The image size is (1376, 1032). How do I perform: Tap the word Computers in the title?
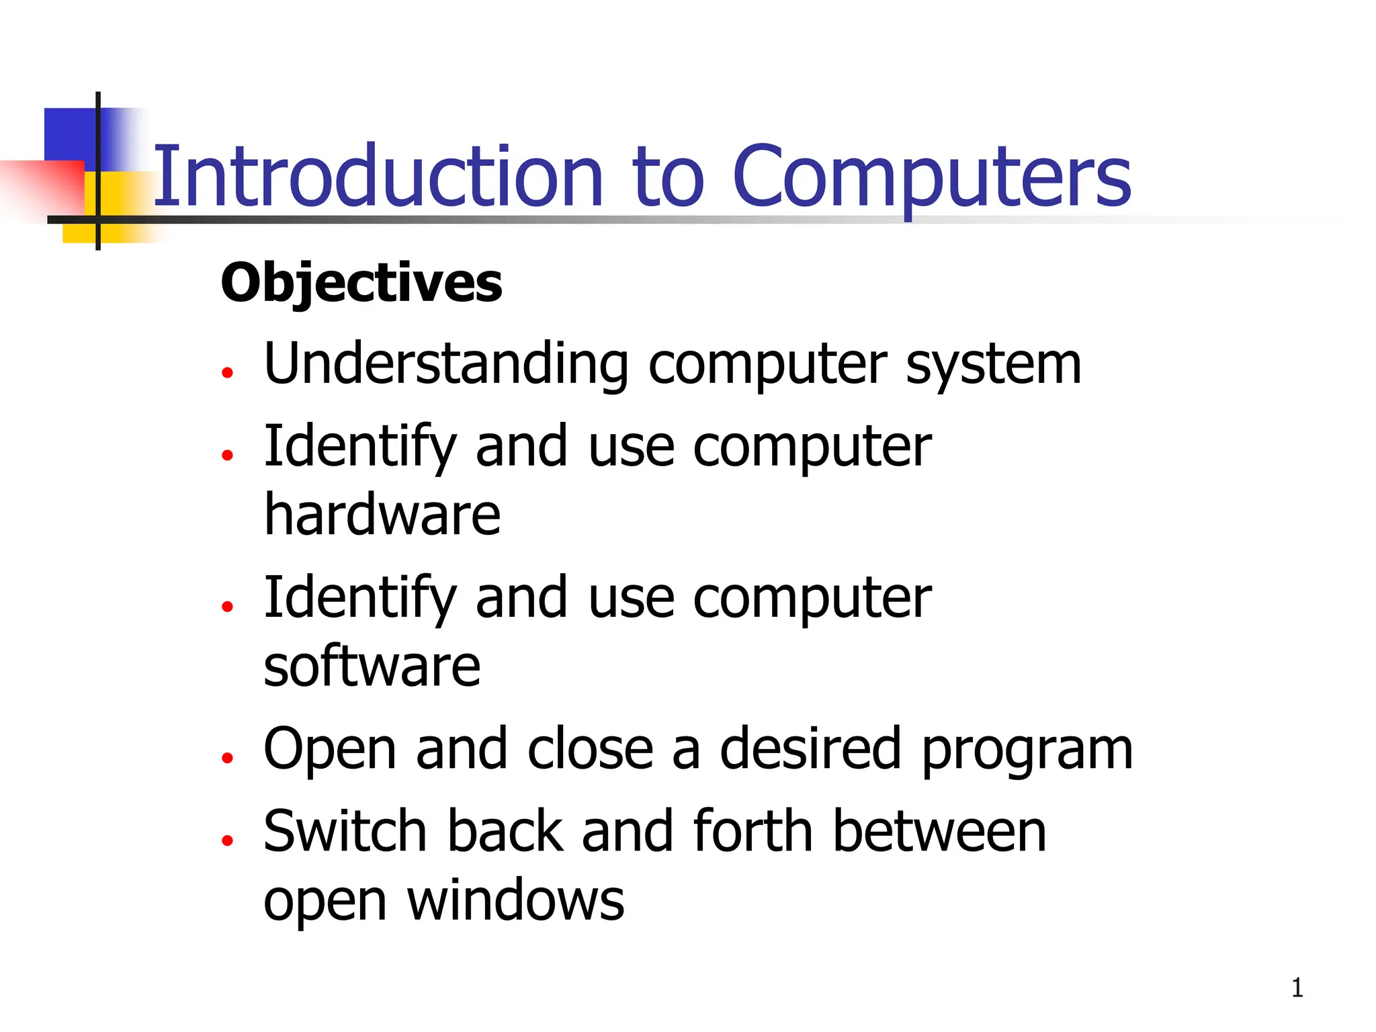pyautogui.click(x=933, y=176)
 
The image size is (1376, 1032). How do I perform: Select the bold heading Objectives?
pyautogui.click(x=361, y=283)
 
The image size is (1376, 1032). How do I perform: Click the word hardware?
pyautogui.click(x=382, y=515)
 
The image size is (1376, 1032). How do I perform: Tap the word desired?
pyautogui.click(x=810, y=749)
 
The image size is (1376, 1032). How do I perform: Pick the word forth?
pyautogui.click(x=752, y=832)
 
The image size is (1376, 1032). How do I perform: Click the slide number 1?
pyautogui.click(x=1297, y=988)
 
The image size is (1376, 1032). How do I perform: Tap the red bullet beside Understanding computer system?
pyautogui.click(x=228, y=372)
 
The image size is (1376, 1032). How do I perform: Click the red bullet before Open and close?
pyautogui.click(x=228, y=758)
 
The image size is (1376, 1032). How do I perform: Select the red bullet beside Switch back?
pyautogui.click(x=228, y=840)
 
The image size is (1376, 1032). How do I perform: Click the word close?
pyautogui.click(x=591, y=749)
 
